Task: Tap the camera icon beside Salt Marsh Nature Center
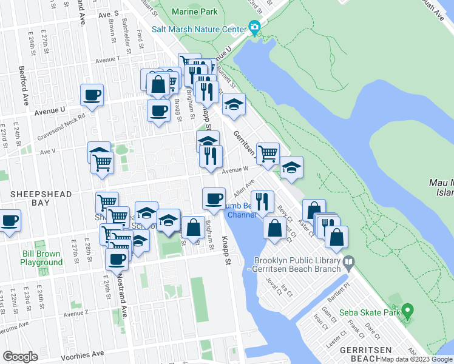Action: pos(254,27)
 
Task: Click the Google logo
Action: pos(20,357)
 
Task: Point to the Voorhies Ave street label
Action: pos(80,354)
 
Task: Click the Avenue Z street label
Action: pos(76,313)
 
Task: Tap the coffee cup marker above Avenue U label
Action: pos(92,95)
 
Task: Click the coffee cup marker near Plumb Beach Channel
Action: pos(214,198)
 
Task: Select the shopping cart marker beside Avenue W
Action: pos(268,153)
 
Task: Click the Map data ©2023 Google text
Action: pos(416,359)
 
